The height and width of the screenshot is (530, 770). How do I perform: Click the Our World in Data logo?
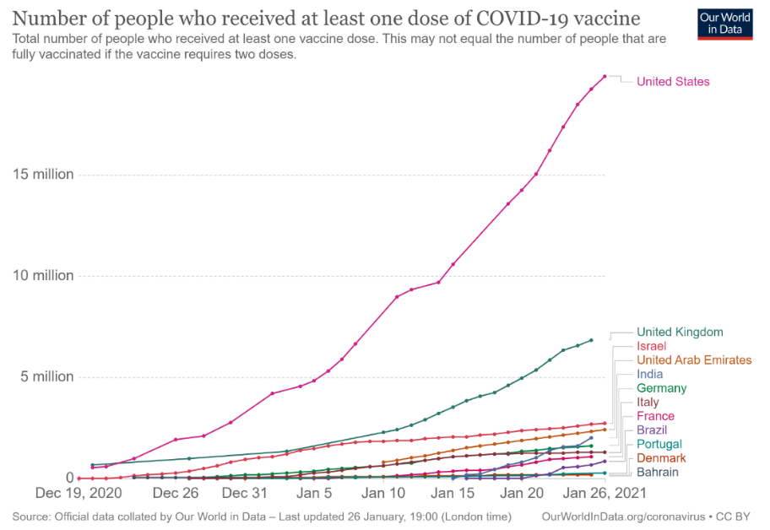724,24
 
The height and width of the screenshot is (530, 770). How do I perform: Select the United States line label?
673,82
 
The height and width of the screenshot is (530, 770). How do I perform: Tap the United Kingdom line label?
680,333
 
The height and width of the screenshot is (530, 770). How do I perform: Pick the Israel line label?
651,346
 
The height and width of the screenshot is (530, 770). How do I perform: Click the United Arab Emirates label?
694,360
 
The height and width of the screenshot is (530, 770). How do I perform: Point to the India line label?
649,374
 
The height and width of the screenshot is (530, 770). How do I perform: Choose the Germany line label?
661,388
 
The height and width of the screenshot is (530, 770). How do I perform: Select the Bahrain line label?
657,472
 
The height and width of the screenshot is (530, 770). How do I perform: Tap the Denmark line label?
661,458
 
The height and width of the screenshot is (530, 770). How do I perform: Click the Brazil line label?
651,430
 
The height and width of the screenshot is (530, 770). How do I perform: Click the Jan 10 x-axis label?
384,492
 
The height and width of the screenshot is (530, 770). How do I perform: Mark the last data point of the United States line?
605,77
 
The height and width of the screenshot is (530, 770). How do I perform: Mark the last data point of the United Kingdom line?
591,340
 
